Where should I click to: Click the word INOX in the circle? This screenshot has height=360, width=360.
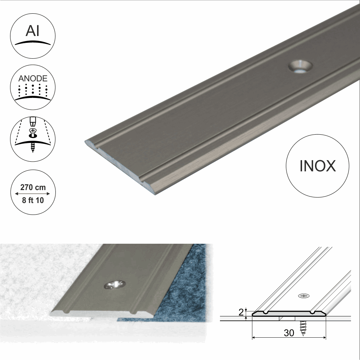point(317,166)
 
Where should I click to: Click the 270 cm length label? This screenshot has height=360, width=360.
point(33,187)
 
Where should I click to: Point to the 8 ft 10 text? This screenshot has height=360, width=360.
point(33,200)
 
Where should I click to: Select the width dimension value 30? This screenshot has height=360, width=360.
point(289,333)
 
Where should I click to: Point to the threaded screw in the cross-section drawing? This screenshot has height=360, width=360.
point(302,327)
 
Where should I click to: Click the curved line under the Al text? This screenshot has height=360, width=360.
point(33,42)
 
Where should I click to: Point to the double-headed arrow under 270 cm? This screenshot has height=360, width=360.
point(33,194)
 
